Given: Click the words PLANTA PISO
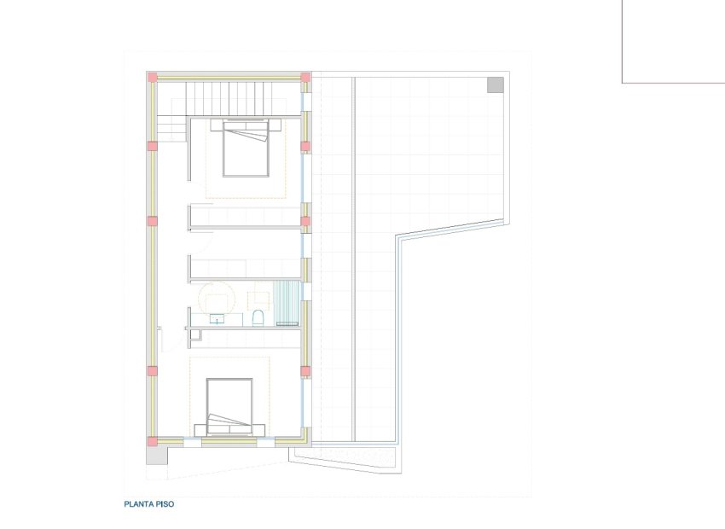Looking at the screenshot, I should click(149, 504).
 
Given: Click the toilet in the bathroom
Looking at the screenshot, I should click(258, 318).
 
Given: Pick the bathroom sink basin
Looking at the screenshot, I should click(217, 319).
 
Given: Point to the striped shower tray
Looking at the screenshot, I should click(286, 303).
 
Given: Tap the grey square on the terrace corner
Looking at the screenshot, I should click(496, 84).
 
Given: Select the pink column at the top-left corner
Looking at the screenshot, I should click(153, 78).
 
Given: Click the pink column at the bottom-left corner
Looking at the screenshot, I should click(153, 441).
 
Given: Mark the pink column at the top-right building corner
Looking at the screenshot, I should click(305, 78).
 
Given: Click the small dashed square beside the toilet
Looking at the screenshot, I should click(257, 299).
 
